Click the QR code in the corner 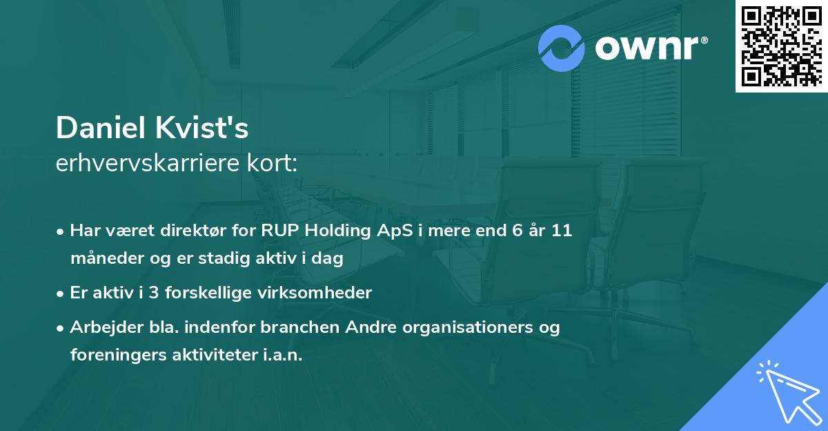click(781, 46)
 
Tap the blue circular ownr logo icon click(561, 48)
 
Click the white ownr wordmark click(651, 48)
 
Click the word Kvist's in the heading click(201, 128)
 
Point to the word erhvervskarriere click(148, 163)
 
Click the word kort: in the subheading click(272, 163)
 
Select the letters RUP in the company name click(280, 231)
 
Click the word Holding click(337, 231)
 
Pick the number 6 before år click(517, 231)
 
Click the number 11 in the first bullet click(562, 231)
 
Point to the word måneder click(107, 258)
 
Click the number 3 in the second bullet click(154, 293)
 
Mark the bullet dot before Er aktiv click(60, 294)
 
